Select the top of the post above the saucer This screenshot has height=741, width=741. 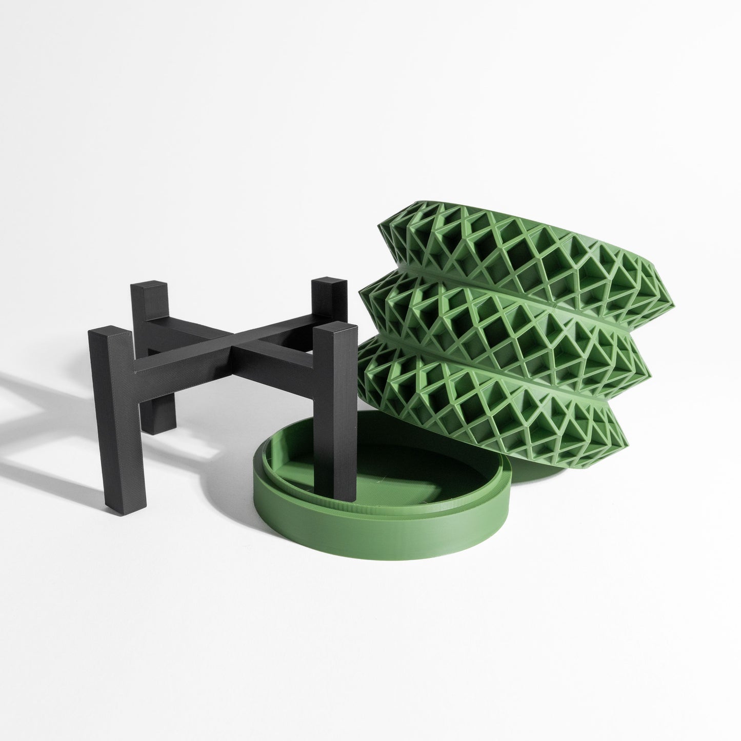(328, 328)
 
